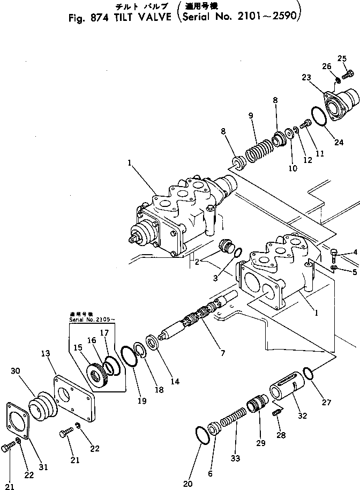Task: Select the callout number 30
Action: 14,371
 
